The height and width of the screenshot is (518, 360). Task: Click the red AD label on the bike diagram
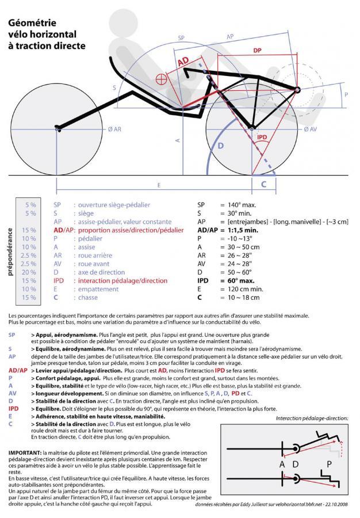(183, 61)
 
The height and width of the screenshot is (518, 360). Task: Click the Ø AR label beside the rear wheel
(114, 130)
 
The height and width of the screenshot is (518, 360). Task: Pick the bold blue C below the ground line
(264, 185)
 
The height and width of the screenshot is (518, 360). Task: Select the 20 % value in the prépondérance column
(29, 272)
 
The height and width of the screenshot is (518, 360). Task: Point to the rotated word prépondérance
(10, 251)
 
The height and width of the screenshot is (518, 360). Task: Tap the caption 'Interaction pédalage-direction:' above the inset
(312, 418)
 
